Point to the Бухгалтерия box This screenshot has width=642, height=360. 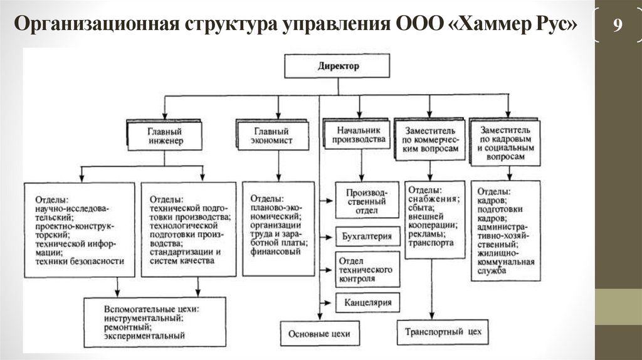367,236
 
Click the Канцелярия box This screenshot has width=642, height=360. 367,303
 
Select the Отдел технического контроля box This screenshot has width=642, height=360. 367,269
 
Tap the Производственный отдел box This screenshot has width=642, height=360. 367,200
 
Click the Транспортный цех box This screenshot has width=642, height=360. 443,331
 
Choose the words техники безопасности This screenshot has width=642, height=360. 80,260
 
